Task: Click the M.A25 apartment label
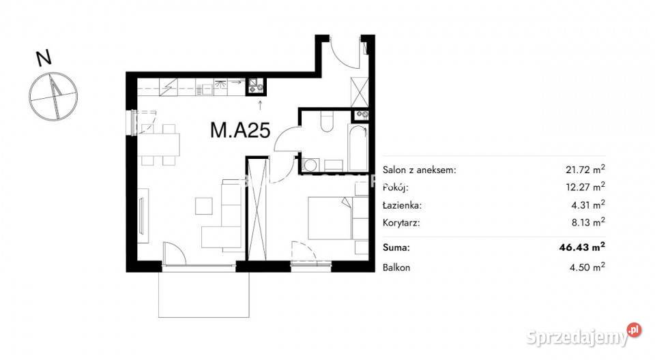coord(240,130)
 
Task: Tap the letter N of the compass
coord(44,58)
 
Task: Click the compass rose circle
coord(53,96)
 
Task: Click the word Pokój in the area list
coord(395,187)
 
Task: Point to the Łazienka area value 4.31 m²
coord(588,205)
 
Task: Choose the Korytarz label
coord(401,222)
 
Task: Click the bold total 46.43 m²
coord(582,247)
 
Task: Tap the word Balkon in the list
coord(396,267)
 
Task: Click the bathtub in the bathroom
coord(358,147)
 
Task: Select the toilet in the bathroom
coord(327,121)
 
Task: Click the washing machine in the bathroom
coord(310,164)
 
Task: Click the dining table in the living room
coord(159,145)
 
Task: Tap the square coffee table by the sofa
coord(204,207)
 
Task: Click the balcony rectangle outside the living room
coord(204,294)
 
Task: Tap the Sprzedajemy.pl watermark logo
coord(583,335)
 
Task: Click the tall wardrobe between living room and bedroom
coord(257,209)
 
